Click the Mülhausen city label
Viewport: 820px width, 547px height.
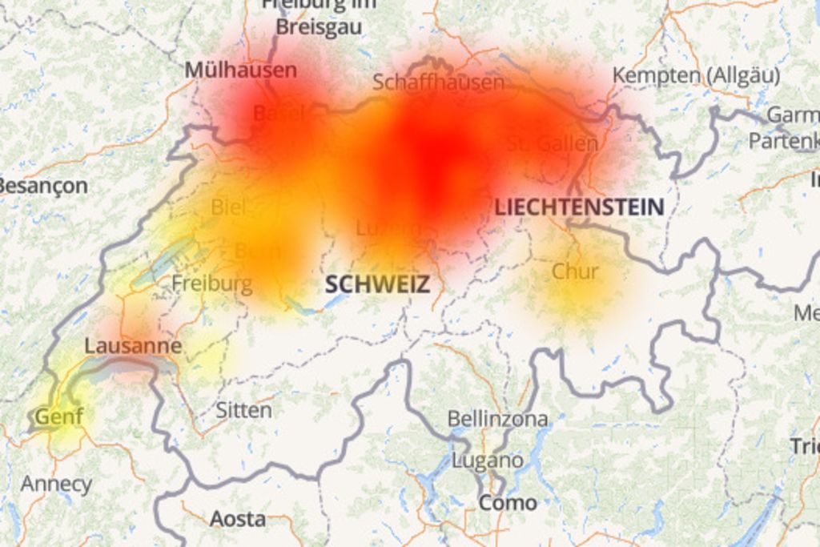click(240, 70)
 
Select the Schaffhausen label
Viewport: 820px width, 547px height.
click(438, 82)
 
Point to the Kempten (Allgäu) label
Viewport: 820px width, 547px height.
click(696, 76)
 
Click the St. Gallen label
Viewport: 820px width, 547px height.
click(553, 144)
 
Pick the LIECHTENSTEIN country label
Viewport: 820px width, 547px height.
click(578, 207)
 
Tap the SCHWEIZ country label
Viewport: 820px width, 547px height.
click(376, 284)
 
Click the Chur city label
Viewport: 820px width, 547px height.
click(574, 271)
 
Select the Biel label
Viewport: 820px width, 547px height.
click(228, 207)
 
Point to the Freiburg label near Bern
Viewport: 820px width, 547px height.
click(211, 284)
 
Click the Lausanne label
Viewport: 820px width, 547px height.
click(133, 347)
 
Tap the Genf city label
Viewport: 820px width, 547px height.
click(58, 416)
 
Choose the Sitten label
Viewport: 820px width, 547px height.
click(243, 411)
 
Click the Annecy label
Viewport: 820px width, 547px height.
click(56, 484)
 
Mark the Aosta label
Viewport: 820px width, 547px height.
click(237, 519)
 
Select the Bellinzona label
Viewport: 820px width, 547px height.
click(497, 419)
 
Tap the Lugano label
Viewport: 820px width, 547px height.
click(487, 461)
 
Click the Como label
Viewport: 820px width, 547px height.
click(508, 503)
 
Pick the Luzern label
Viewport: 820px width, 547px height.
click(388, 228)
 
